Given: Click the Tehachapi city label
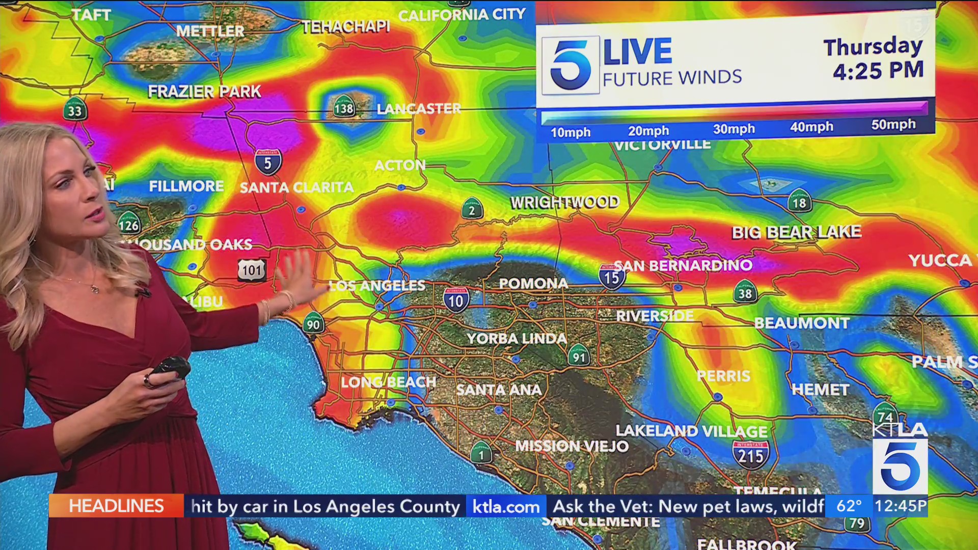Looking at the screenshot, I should point(345,26).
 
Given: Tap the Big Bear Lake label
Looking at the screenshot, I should point(796,232).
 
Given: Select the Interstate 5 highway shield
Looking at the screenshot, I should point(268,162).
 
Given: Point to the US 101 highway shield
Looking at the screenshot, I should point(252,270).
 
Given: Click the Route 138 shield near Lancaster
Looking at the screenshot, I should point(344,107).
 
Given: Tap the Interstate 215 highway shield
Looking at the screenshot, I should point(751,454).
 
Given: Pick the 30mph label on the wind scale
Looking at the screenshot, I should point(733,129).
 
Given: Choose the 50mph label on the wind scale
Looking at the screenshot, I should point(893,125).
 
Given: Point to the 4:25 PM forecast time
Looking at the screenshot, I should point(878,70).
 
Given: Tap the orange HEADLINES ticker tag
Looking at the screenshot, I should point(116,506).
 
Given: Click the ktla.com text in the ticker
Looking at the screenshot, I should point(506,507).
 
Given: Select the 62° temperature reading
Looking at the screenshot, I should point(849,506).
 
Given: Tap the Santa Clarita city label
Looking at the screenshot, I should point(296,187).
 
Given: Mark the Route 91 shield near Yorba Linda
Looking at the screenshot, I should point(579,356).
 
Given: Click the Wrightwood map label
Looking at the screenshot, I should point(565,202).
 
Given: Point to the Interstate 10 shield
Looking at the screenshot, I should point(455,300).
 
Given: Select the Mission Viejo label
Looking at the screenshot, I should point(572,446).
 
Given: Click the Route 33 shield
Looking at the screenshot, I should point(75,110).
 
